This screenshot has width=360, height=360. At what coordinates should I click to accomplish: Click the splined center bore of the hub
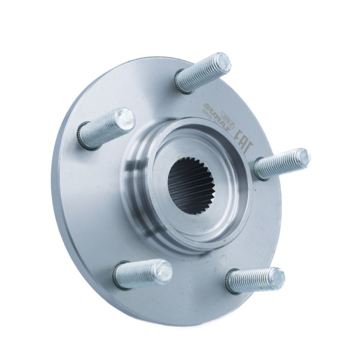(x=190, y=185)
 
